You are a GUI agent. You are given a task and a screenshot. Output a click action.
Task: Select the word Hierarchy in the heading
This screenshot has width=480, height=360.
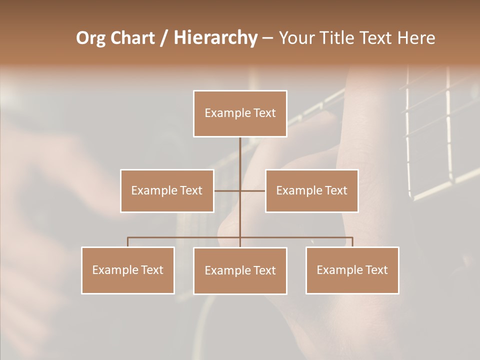[215, 38]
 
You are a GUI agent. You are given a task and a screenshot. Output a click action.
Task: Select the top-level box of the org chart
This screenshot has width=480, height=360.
[240, 113]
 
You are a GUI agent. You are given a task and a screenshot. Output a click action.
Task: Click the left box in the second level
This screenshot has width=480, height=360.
[167, 190]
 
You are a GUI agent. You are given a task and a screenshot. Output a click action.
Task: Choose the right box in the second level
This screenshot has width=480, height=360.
[311, 190]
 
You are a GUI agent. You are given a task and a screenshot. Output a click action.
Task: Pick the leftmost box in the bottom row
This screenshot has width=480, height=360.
[128, 270]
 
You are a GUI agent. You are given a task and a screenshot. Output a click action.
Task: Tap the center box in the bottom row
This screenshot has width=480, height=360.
[240, 270]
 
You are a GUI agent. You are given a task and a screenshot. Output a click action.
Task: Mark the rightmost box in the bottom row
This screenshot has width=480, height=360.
[352, 270]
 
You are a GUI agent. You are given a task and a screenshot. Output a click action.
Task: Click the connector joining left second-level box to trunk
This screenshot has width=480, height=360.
[227, 190]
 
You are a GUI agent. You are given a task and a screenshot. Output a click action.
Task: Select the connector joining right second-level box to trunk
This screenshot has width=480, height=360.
[253, 190]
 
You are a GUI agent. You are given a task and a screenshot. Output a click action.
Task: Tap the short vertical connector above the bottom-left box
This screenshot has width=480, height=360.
[128, 242]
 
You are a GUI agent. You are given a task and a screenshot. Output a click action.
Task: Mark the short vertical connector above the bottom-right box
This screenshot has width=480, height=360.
[352, 242]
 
